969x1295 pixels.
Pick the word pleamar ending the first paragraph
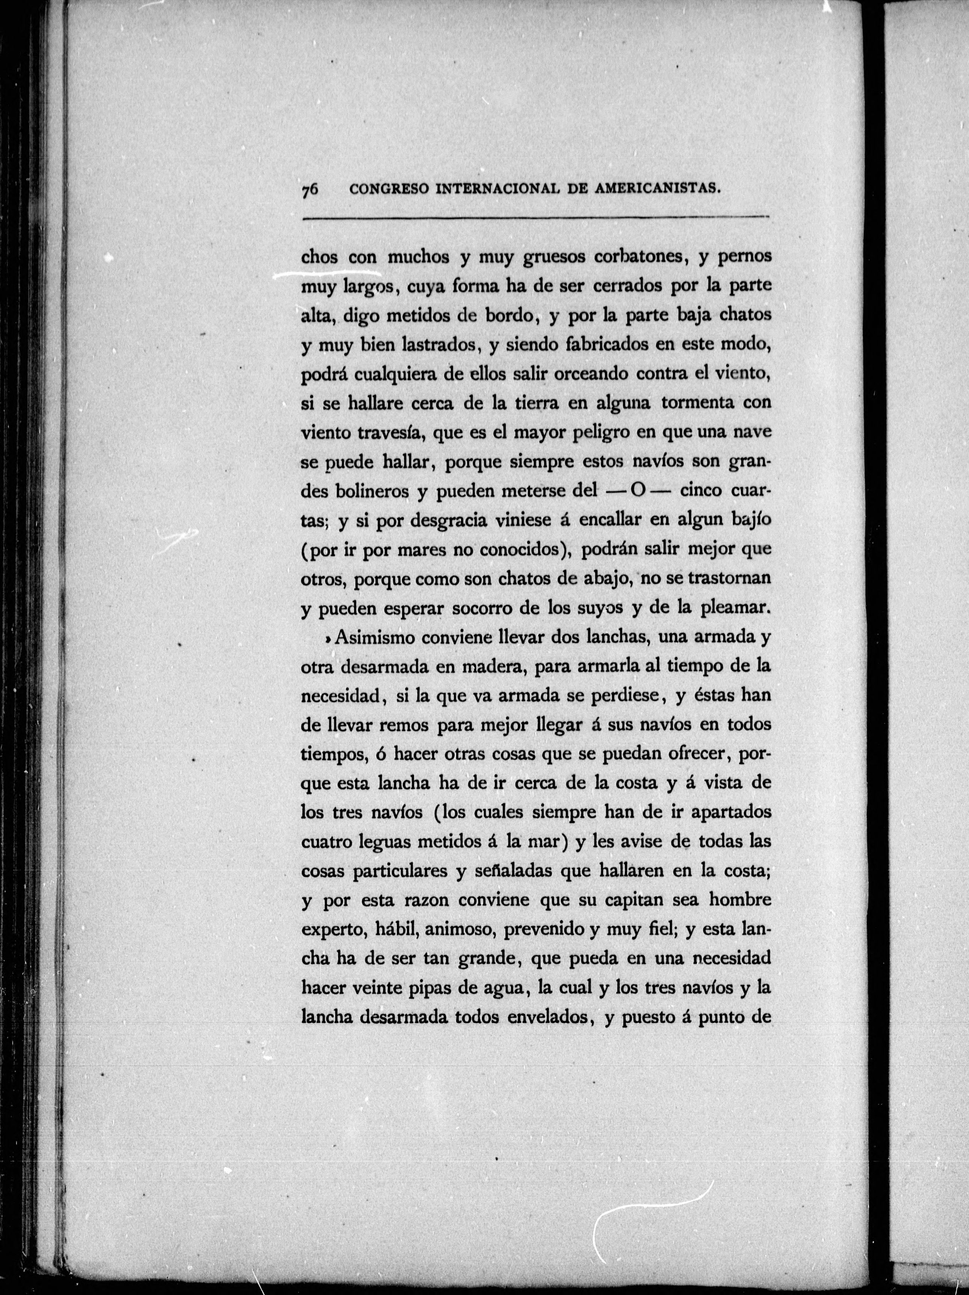[x=733, y=608]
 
